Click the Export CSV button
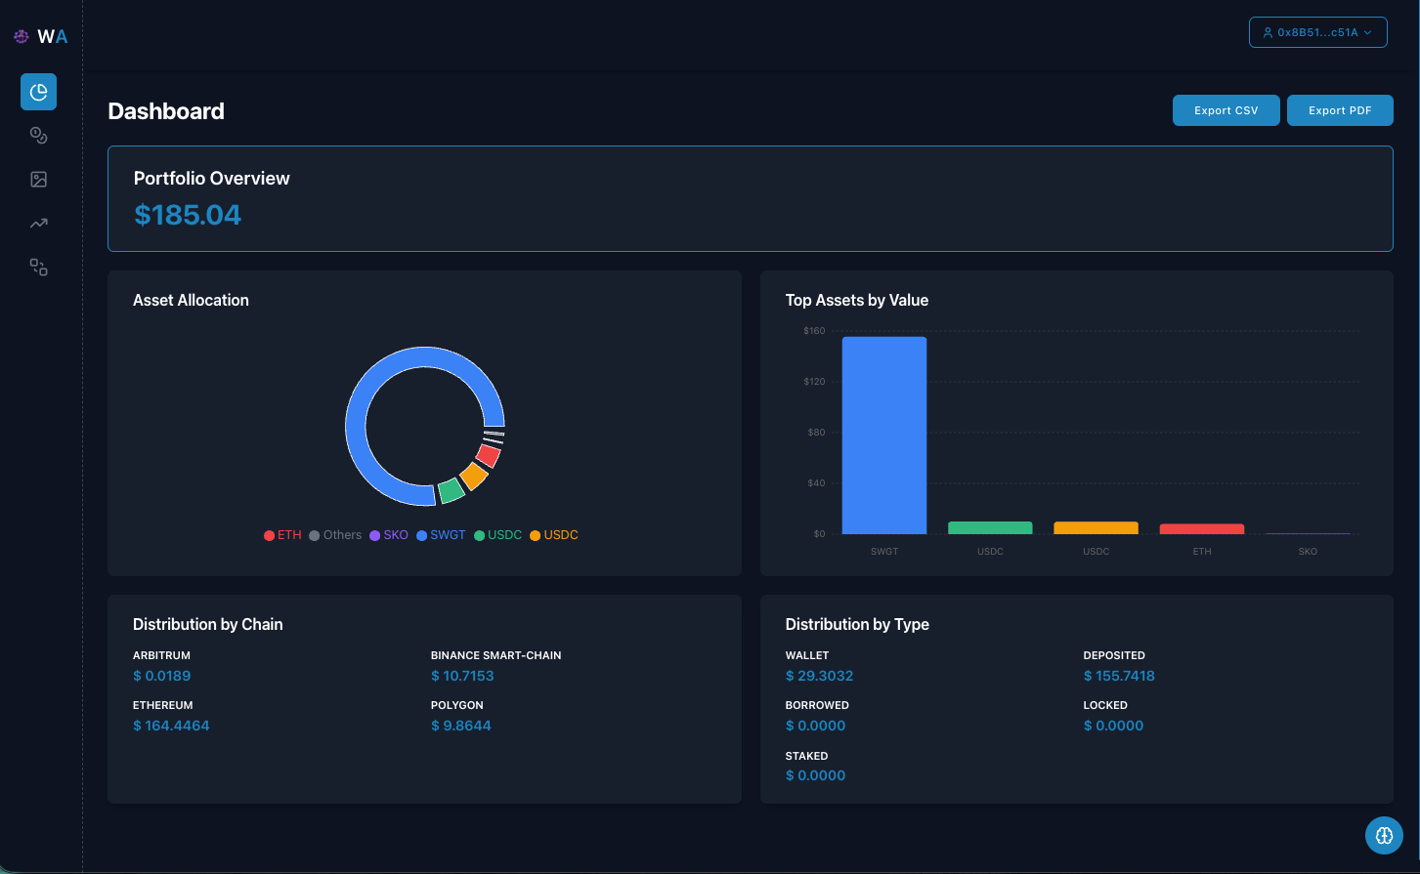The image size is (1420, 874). click(1226, 110)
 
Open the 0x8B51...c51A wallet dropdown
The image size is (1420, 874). click(1317, 32)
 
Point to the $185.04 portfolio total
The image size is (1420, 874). click(188, 215)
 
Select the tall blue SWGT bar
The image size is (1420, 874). click(883, 435)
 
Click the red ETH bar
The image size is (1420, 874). click(1201, 529)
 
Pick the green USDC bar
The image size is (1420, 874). click(990, 528)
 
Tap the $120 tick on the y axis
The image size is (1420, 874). click(814, 382)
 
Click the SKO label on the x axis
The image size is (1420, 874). click(1308, 552)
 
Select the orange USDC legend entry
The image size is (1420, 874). click(554, 535)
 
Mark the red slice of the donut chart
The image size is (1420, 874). click(489, 454)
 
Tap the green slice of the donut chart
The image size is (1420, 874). click(451, 490)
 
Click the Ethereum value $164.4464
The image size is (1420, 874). click(171, 726)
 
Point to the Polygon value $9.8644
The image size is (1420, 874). click(461, 726)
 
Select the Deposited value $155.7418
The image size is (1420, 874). click(1119, 676)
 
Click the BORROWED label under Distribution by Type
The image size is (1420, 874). click(817, 705)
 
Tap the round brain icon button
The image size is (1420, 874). click(1384, 835)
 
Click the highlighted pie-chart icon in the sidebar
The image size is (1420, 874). click(38, 92)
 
